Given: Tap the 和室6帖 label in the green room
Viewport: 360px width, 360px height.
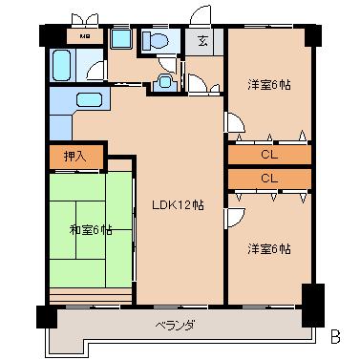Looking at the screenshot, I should point(90,229).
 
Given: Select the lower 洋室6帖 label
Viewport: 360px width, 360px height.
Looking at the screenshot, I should point(269,248).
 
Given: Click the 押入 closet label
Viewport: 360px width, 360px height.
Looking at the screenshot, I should point(75,155).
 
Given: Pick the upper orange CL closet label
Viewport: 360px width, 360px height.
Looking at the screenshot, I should point(269,154).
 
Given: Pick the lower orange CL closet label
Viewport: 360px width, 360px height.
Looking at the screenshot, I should point(269,179).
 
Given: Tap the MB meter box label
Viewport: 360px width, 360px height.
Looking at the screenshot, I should point(84,37).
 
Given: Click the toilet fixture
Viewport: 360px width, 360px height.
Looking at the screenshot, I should point(156,42).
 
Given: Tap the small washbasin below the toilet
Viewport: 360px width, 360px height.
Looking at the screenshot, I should point(165,82).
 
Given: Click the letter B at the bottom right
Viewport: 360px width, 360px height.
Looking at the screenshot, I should point(335,336).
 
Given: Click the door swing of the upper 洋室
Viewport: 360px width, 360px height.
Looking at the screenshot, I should point(233,122).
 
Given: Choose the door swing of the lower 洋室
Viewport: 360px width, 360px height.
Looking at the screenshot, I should point(234,218).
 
